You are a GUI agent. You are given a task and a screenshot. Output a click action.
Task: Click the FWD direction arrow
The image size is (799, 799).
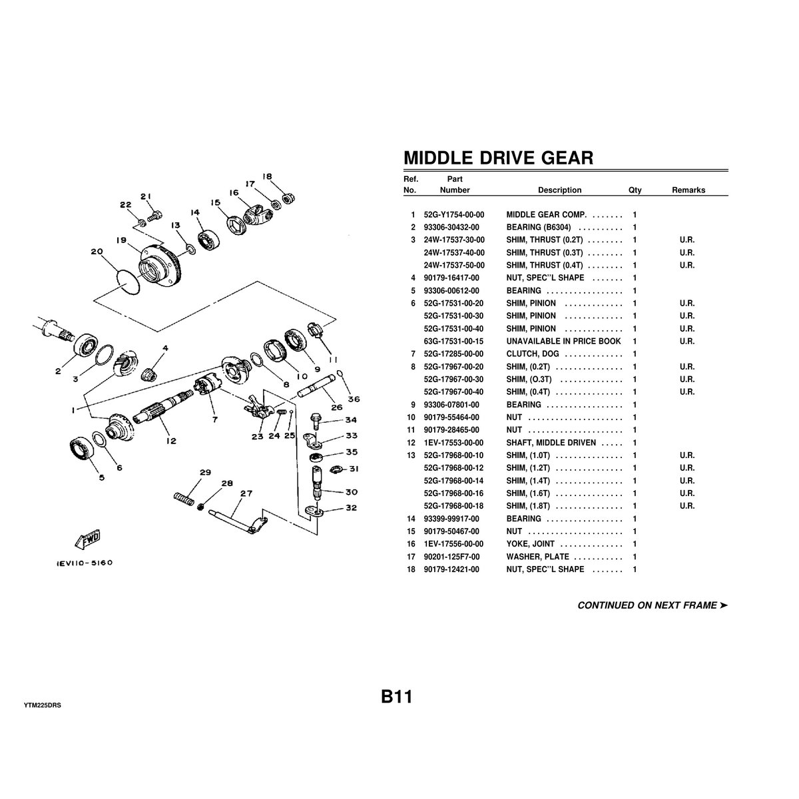87,539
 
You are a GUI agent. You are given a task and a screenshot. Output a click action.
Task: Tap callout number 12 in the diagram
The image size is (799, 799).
171,441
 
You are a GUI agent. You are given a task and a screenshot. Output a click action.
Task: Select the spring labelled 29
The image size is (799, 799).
184,499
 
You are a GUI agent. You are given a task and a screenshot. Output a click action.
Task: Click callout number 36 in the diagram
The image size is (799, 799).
354,399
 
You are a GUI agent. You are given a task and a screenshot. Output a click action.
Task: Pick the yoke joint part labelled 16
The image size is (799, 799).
256,215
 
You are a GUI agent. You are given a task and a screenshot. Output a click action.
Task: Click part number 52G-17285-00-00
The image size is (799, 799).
453,354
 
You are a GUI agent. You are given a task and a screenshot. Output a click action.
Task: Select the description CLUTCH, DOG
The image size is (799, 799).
533,354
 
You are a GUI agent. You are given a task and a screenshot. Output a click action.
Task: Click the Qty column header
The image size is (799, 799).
635,190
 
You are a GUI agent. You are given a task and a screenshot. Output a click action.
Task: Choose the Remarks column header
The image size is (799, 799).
688,190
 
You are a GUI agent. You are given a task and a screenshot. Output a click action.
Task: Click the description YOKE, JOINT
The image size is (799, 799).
530,543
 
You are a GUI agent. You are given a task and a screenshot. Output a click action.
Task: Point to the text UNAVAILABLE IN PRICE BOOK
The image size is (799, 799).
563,342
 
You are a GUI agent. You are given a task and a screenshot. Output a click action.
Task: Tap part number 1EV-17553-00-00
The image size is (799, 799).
453,442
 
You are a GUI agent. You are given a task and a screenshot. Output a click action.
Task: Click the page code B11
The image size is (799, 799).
397,697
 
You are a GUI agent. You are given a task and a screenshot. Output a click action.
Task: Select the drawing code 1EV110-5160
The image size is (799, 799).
84,563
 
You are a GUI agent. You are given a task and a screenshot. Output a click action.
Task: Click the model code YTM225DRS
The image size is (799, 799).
43,705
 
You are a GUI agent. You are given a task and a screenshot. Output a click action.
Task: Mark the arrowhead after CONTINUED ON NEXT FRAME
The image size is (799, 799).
724,605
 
